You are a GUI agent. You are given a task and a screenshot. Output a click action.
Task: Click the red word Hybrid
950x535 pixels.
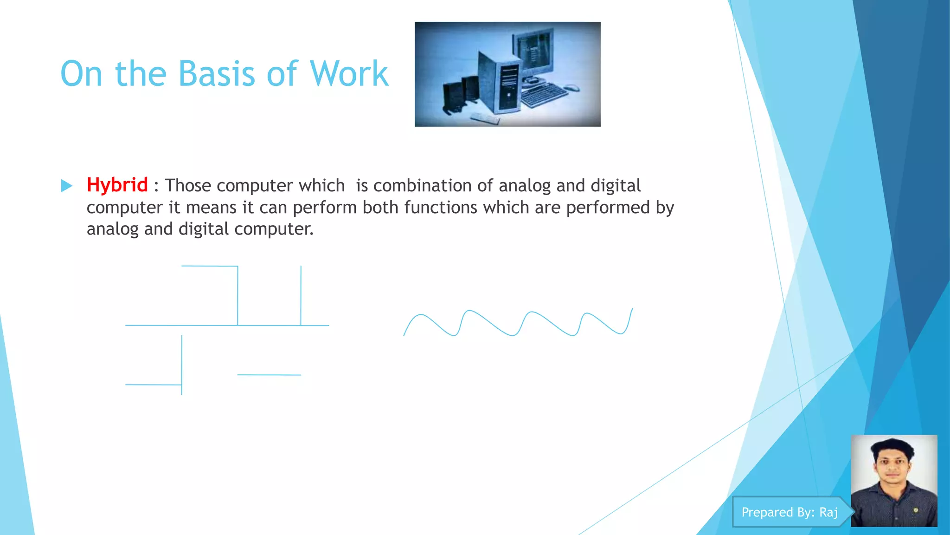(117, 185)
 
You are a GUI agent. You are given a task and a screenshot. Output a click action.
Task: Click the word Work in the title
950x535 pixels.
(349, 74)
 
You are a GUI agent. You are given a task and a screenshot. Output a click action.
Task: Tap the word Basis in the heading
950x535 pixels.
(216, 74)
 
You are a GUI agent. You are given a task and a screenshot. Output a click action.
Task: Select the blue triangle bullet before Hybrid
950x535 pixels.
(67, 186)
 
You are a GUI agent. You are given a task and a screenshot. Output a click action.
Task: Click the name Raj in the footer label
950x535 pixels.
(828, 512)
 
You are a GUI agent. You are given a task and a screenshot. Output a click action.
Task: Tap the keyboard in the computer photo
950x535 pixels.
(544, 95)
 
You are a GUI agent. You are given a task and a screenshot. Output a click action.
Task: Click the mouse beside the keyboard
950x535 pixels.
(572, 87)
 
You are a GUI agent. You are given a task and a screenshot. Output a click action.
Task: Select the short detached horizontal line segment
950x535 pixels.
(269, 375)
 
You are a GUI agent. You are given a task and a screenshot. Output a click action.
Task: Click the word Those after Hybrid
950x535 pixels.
(188, 186)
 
